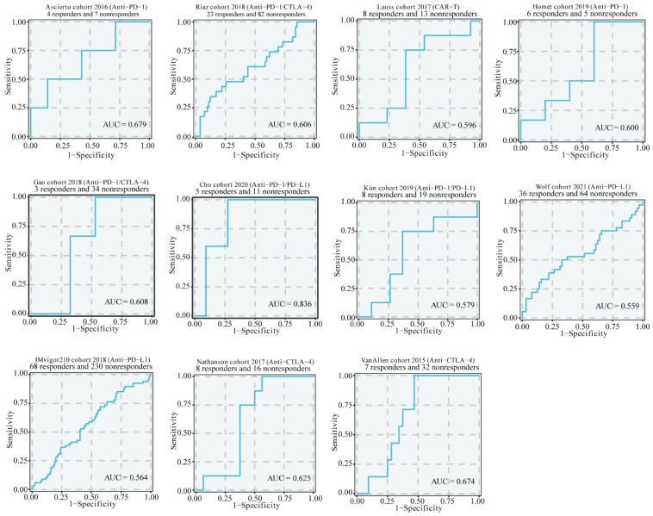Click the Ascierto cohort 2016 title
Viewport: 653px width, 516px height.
90,6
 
